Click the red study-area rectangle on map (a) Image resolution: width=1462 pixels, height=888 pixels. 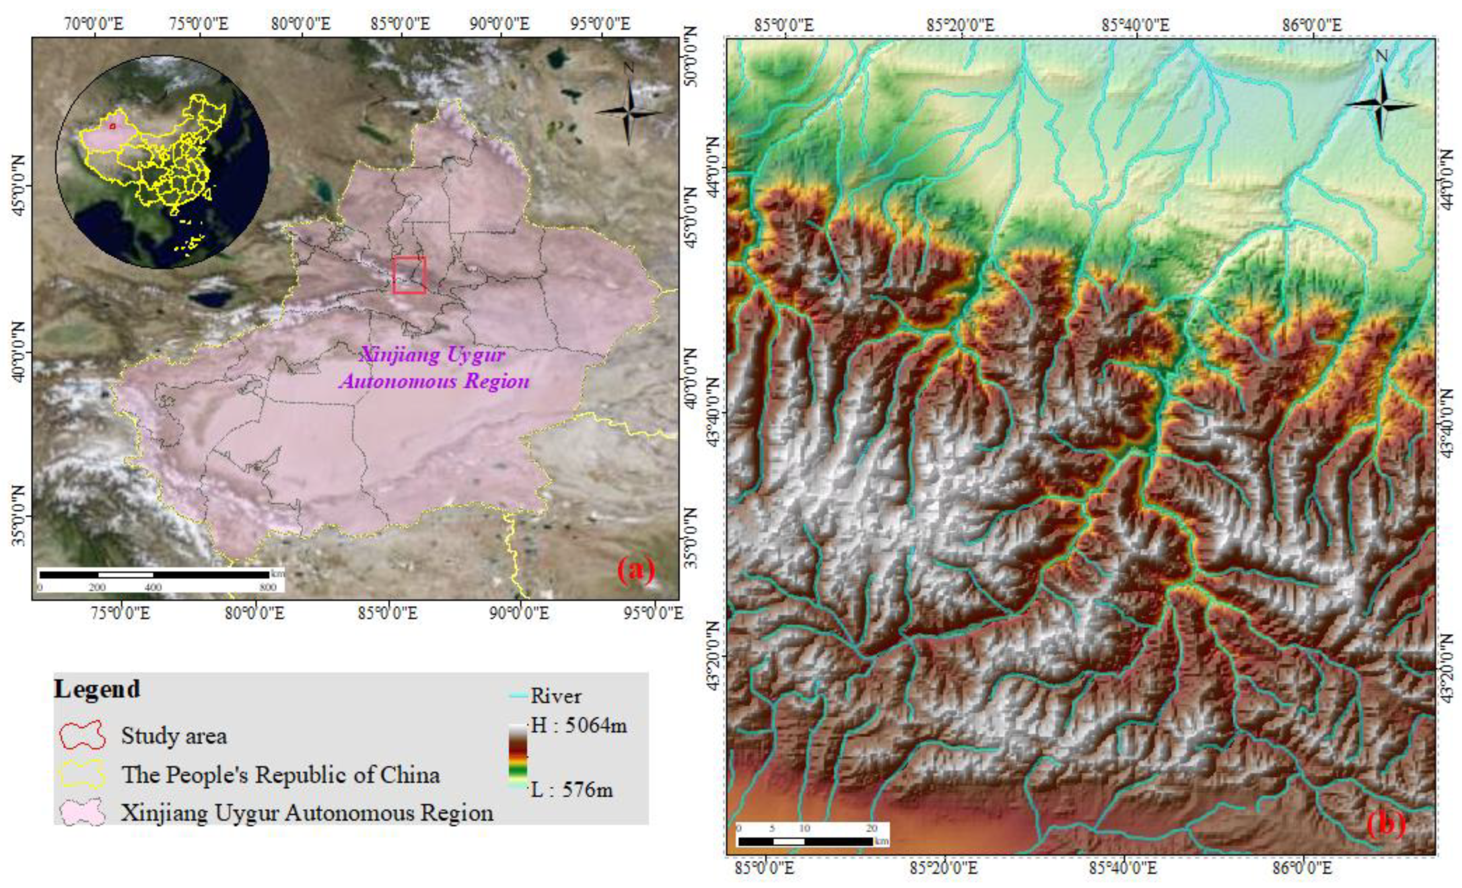[409, 275]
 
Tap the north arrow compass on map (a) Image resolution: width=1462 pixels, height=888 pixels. [629, 111]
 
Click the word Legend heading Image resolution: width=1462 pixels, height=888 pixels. [97, 689]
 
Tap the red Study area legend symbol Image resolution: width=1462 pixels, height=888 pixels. [82, 736]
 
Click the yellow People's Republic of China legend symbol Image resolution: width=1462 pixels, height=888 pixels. [82, 774]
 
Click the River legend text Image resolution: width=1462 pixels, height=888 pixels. [556, 696]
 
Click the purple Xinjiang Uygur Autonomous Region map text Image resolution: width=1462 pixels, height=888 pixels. [434, 368]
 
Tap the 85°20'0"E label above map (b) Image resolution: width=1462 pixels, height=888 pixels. [961, 25]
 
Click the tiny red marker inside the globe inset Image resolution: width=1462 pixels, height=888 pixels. [112, 126]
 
